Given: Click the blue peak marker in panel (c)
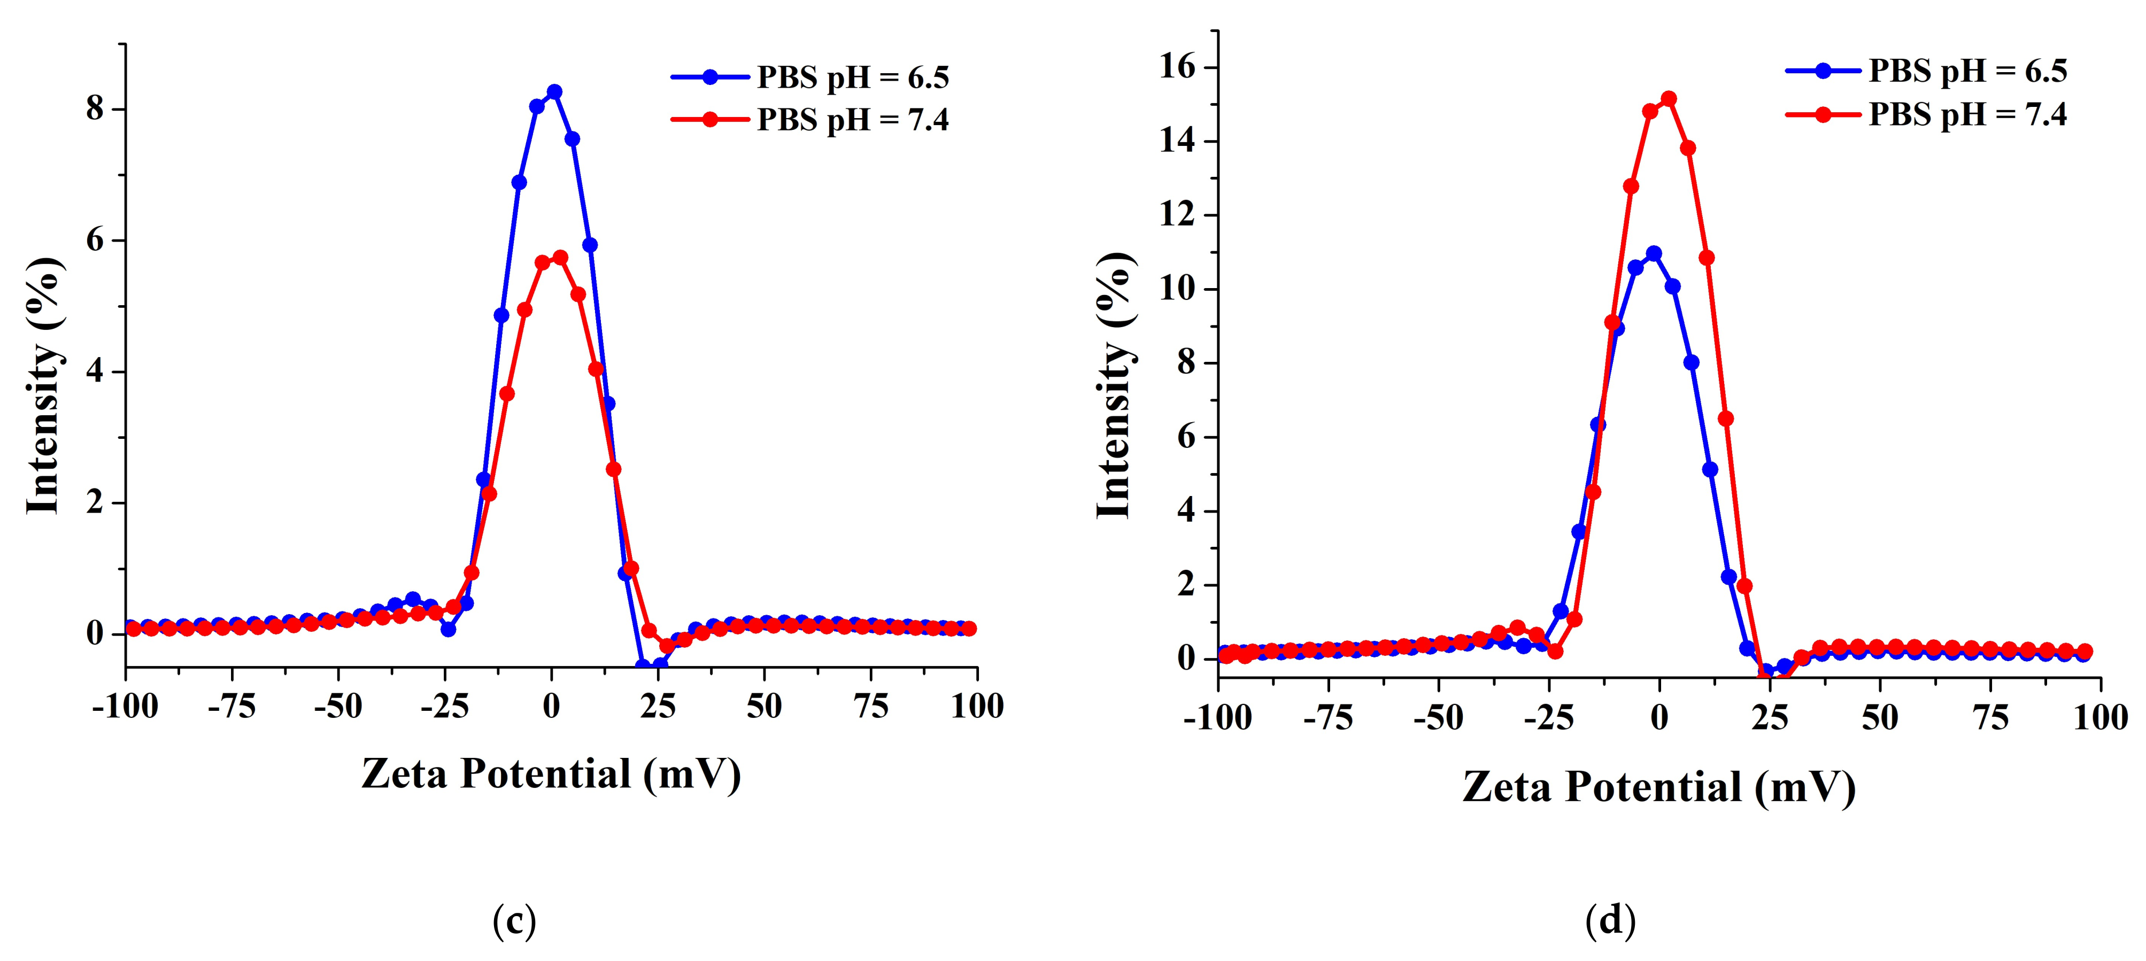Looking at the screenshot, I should [x=554, y=91].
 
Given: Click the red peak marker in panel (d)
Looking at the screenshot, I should [x=1669, y=99].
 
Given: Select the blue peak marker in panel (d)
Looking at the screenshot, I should [x=1654, y=253].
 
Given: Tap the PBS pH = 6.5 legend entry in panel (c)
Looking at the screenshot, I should [x=852, y=77].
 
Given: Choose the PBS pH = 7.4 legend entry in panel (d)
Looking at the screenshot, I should [x=1967, y=114].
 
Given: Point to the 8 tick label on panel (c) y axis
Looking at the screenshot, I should [x=95, y=109].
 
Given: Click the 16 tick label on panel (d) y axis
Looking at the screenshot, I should [x=1177, y=67].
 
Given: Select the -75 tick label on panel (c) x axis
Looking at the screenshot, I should [x=231, y=706].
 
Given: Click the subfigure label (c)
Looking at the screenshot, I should [x=514, y=921].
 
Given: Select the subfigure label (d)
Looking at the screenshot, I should [x=1609, y=921].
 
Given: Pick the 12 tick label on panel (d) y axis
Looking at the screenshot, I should [x=1177, y=215].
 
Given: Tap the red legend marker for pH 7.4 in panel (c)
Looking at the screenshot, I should [x=710, y=120].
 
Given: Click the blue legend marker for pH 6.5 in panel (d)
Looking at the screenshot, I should [x=1823, y=71].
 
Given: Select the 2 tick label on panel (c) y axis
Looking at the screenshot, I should [x=95, y=502].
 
